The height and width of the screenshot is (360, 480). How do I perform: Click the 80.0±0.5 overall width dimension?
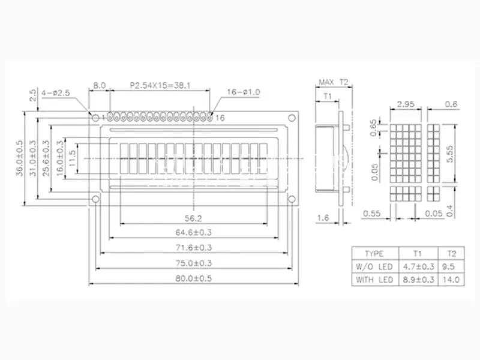(x=193, y=278)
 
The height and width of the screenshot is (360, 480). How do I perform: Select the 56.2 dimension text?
(x=193, y=218)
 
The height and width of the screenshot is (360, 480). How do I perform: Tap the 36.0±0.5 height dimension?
(x=20, y=158)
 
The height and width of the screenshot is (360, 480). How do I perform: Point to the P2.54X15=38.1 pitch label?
(x=160, y=85)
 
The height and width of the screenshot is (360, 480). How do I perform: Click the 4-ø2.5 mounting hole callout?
(x=56, y=92)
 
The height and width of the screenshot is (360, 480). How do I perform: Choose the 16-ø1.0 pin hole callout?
(x=244, y=92)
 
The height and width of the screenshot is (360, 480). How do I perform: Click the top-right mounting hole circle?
(x=292, y=118)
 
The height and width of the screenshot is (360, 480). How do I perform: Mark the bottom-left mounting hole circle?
(x=96, y=199)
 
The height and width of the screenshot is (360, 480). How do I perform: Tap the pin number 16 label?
(x=220, y=118)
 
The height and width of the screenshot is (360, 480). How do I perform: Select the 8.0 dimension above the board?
(x=100, y=85)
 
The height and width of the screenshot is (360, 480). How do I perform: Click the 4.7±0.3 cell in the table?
(x=418, y=266)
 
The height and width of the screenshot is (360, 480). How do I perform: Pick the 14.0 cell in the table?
(x=451, y=280)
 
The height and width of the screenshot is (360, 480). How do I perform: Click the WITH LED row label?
(x=374, y=280)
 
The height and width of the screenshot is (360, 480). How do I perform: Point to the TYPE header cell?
(x=374, y=253)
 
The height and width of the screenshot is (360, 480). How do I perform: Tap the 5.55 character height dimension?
(x=449, y=154)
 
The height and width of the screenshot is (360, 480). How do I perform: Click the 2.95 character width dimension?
(x=406, y=104)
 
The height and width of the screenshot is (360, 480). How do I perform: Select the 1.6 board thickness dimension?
(x=323, y=218)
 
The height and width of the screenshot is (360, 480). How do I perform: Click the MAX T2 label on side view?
(x=334, y=82)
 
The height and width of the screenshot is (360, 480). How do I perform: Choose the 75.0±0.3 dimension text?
(x=193, y=263)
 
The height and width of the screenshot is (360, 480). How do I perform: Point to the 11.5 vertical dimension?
(x=72, y=158)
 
